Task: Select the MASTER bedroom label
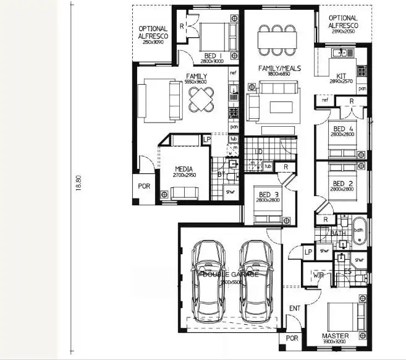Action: coord(335,336)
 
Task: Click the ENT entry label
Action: coord(295,308)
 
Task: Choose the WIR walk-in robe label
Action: coord(319,274)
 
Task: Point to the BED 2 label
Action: coord(342,184)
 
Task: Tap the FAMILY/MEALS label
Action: coord(280,68)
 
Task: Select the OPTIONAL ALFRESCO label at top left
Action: coord(152,32)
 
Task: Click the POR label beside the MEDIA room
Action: coord(143,186)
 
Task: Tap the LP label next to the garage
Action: coord(307,252)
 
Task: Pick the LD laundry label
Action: coord(260,151)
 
